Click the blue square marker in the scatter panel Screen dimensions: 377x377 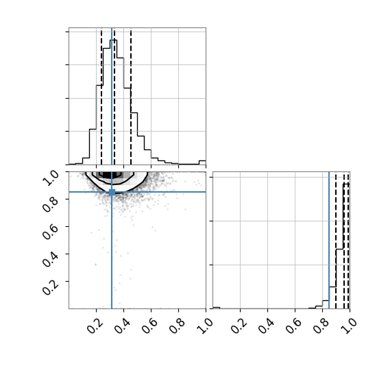[112, 192]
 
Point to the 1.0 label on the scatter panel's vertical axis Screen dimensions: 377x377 [51, 178]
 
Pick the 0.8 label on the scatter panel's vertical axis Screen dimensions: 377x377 [51, 206]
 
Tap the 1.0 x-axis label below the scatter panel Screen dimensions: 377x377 [205, 326]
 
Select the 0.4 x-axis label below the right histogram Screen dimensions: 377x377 [267, 326]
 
